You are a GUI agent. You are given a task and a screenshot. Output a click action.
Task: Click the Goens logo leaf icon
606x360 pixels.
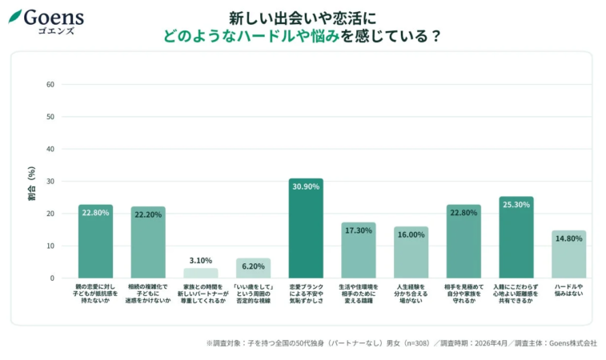coord(15,16)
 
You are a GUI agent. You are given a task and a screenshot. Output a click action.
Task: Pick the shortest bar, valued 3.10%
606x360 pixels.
coord(200,273)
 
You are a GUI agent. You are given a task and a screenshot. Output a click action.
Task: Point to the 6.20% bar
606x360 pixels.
coord(253,268)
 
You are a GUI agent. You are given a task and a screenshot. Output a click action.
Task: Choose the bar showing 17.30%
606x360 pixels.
coord(358,250)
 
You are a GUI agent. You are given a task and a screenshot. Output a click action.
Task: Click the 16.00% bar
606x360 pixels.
coord(411,253)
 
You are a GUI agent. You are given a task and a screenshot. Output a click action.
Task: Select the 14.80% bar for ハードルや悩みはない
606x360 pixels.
coord(568,254)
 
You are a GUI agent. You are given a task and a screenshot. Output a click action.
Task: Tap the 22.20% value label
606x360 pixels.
coord(148,214)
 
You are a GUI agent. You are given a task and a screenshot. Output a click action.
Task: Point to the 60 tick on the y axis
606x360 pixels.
coord(50,84)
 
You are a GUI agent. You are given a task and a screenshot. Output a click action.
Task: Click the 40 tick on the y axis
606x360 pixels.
coord(50,149)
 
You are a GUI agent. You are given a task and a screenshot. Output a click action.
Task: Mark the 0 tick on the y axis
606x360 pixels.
coord(52,278)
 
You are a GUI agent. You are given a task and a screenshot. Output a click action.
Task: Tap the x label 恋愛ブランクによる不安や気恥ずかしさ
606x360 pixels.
coord(306,293)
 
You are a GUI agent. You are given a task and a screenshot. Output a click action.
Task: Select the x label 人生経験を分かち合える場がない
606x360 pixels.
coord(411,293)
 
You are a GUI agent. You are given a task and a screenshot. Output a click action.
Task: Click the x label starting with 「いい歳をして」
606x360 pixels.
coord(253,293)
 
